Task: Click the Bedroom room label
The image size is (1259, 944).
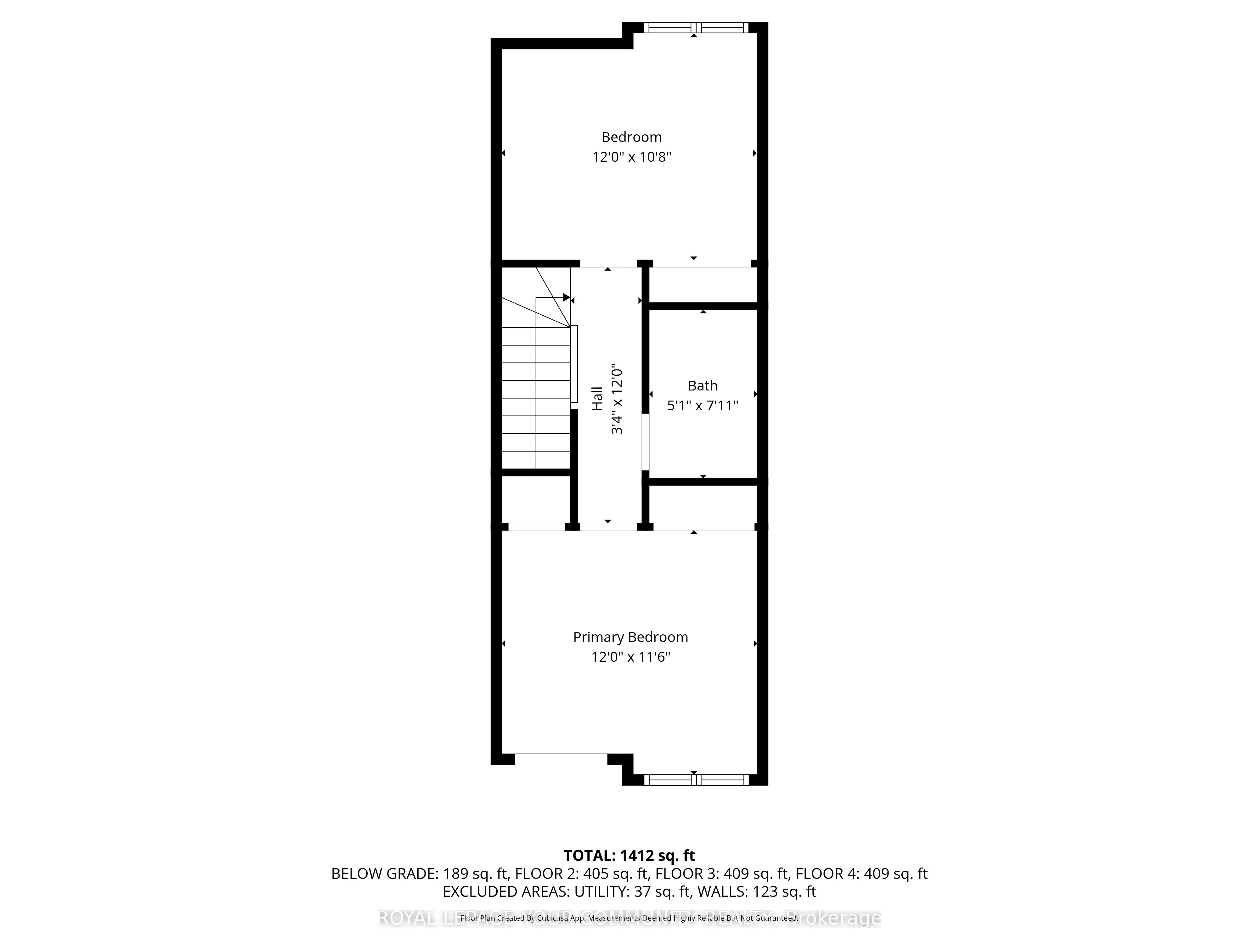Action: pyautogui.click(x=631, y=137)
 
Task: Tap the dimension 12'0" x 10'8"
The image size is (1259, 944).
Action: pyautogui.click(x=631, y=157)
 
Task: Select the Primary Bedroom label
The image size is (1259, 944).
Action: pyautogui.click(x=630, y=637)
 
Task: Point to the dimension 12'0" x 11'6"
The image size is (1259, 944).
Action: pyautogui.click(x=630, y=657)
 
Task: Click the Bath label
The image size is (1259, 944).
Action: pyautogui.click(x=702, y=386)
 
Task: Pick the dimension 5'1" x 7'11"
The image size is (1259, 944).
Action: pyautogui.click(x=702, y=406)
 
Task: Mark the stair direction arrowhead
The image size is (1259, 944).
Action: pyautogui.click(x=566, y=297)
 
